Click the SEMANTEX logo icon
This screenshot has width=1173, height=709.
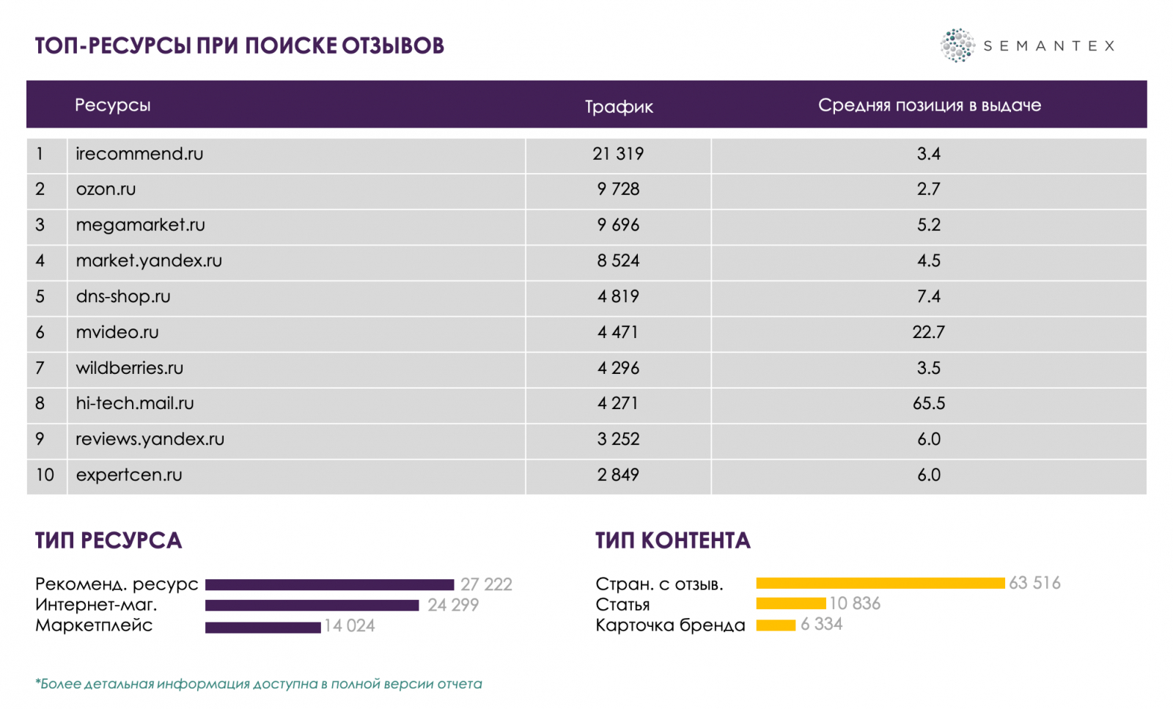[x=957, y=45]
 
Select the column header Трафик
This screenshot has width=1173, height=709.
[x=619, y=106]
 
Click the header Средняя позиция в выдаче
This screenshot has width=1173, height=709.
[x=929, y=106]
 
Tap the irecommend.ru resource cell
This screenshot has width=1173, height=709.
[x=139, y=154]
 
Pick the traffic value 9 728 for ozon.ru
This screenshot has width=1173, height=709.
[x=618, y=189]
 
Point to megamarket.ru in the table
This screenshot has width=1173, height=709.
[x=140, y=225]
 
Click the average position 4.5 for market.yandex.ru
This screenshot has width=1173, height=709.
[x=928, y=261]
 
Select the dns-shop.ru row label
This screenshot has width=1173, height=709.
[x=123, y=297]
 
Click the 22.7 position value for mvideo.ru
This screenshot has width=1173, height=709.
[x=928, y=332]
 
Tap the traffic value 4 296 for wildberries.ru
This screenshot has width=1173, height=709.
[x=618, y=368]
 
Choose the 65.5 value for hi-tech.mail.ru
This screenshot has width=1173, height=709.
[x=928, y=403]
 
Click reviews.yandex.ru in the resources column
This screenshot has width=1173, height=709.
[x=150, y=439]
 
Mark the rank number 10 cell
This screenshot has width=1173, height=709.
[x=45, y=475]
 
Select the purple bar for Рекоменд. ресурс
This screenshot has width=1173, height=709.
[x=329, y=584]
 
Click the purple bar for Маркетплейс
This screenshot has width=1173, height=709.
[x=262, y=627]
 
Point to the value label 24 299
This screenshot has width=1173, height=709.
[x=453, y=606]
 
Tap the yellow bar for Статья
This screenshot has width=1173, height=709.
[x=790, y=603]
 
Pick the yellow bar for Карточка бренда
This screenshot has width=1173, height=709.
[x=776, y=625]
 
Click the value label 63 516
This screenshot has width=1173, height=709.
[x=1034, y=583]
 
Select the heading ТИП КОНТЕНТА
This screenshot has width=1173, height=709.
[x=672, y=541]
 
